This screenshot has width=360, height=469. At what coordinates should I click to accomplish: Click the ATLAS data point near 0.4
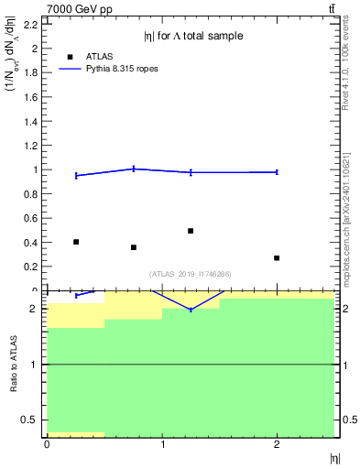76,242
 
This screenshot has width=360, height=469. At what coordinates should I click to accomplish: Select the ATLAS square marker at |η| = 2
277,258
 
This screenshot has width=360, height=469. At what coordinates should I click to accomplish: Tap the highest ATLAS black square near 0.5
191,231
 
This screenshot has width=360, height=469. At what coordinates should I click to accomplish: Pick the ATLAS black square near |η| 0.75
134,247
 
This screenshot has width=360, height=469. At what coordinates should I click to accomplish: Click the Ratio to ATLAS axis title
13,364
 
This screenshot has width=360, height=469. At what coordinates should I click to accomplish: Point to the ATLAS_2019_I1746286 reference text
191,274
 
